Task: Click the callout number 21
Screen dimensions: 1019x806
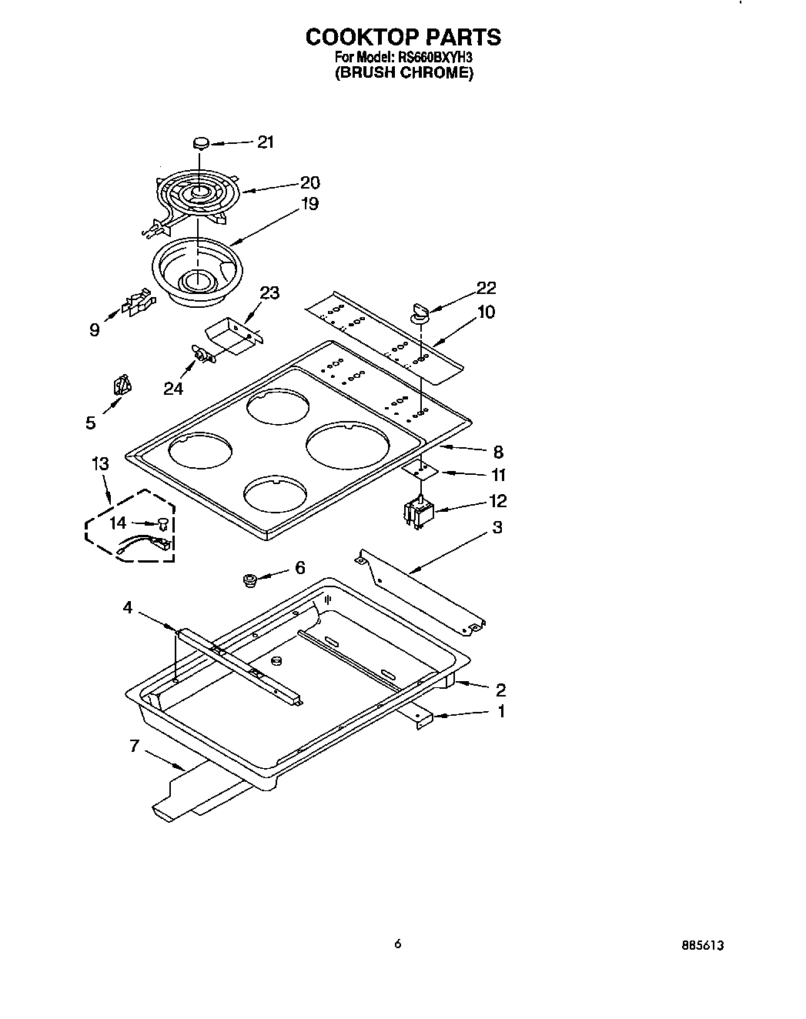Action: pos(266,142)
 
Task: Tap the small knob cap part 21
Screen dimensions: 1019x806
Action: pos(201,143)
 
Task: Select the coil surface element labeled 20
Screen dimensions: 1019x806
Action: pos(197,192)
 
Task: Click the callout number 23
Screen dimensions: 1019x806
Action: pos(269,292)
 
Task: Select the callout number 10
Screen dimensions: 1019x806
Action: pos(486,312)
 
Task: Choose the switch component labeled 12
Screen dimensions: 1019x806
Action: pos(419,513)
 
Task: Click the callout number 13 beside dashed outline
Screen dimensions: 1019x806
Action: pos(100,463)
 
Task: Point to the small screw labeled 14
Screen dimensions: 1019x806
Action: pos(163,523)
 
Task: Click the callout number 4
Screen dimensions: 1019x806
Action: pos(128,608)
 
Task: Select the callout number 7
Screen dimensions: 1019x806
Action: pos(135,745)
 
